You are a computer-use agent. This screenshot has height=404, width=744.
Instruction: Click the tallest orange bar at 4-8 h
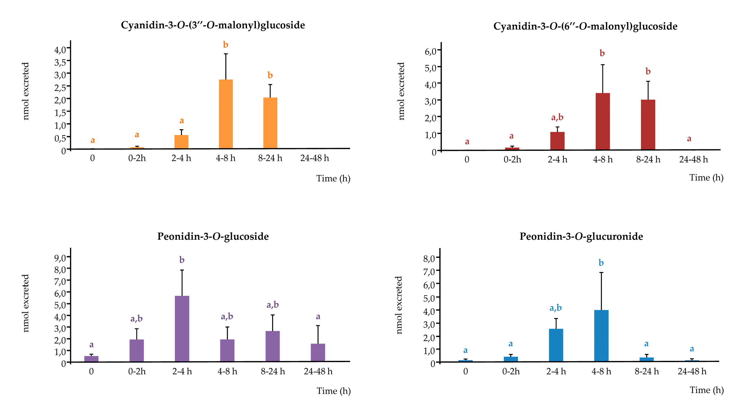tap(226, 114)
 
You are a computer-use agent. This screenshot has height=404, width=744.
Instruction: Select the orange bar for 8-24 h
tap(270, 123)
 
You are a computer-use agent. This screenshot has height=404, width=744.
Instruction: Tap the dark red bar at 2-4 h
tap(557, 141)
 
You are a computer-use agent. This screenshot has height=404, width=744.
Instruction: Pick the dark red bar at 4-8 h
tap(602, 121)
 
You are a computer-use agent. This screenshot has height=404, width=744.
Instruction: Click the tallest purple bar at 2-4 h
tap(182, 329)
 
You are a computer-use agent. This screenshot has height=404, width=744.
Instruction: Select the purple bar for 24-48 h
tap(318, 352)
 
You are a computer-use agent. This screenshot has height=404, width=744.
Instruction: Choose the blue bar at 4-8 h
tap(601, 336)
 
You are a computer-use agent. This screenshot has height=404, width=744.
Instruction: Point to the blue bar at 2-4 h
tap(556, 345)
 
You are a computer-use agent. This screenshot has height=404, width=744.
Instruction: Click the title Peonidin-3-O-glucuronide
tap(581, 237)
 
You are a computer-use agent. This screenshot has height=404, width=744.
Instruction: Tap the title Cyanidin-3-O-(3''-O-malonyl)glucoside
tap(213, 25)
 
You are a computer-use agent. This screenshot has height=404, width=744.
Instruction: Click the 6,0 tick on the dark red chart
tap(430, 52)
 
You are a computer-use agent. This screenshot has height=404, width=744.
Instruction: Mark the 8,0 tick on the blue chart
tap(429, 258)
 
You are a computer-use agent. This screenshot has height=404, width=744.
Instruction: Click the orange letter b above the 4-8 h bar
tap(226, 45)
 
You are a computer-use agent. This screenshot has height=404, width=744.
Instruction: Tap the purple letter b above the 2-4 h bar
tap(182, 260)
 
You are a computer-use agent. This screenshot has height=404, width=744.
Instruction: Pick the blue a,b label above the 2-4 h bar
tap(555, 308)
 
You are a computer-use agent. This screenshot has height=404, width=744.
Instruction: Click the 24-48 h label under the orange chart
tap(314, 158)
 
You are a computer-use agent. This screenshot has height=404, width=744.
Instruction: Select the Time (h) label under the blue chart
tap(707, 390)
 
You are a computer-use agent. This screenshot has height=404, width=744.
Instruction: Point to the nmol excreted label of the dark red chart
tap(401, 91)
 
